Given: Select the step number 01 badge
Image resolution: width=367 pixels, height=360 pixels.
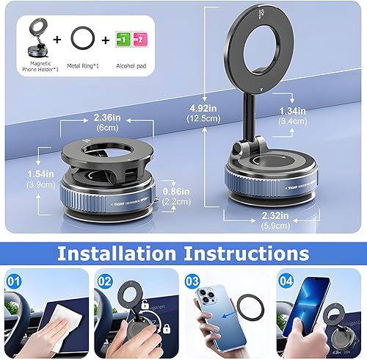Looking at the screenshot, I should point(13,279).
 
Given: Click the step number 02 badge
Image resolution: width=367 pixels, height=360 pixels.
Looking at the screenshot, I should point(105,279).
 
